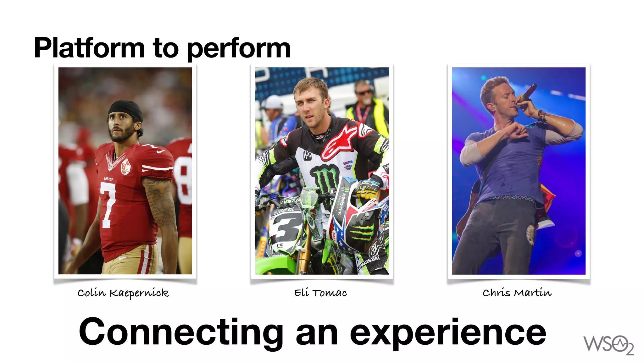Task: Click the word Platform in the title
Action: point(89,48)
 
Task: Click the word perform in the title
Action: point(239,49)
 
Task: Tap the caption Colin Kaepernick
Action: point(123,293)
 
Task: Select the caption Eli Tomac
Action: point(320,293)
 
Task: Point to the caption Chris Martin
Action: point(517,293)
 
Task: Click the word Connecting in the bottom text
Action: point(181,332)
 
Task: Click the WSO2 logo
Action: point(608,345)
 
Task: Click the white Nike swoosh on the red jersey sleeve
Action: point(160,151)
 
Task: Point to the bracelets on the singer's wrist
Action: point(541,115)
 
